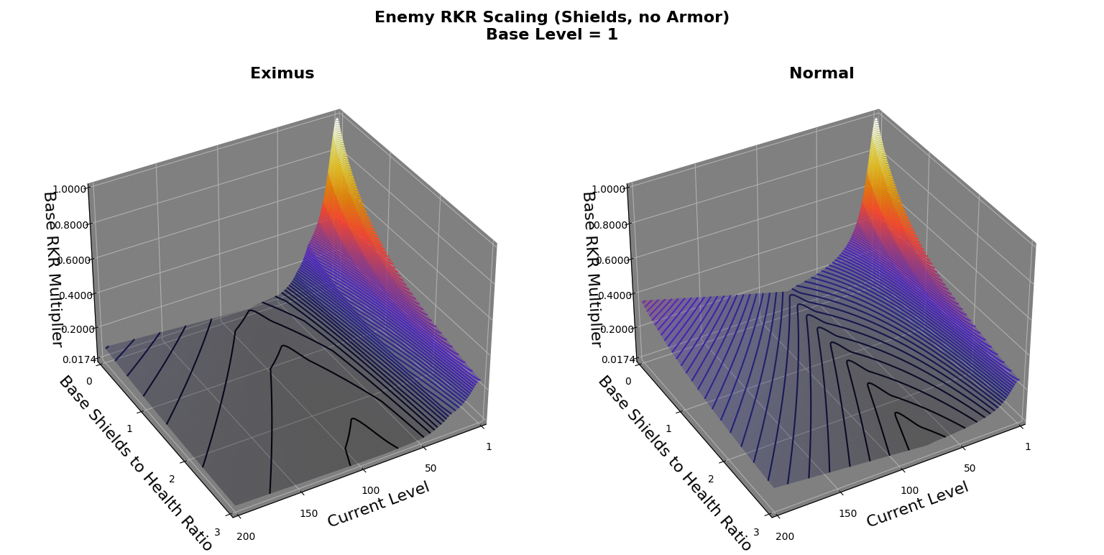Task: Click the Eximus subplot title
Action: point(282,73)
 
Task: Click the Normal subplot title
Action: point(821,73)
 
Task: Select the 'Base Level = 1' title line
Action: point(551,35)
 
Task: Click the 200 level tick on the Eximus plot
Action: point(245,536)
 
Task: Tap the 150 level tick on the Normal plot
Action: point(847,513)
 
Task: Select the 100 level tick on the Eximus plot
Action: point(370,490)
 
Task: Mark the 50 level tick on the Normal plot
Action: point(970,468)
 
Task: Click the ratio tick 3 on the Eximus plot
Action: point(217,532)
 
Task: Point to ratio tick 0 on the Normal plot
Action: point(627,381)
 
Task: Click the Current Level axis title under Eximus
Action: point(378,504)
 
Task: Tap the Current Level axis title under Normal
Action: point(917,504)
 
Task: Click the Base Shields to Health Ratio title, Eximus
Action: point(135,463)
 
